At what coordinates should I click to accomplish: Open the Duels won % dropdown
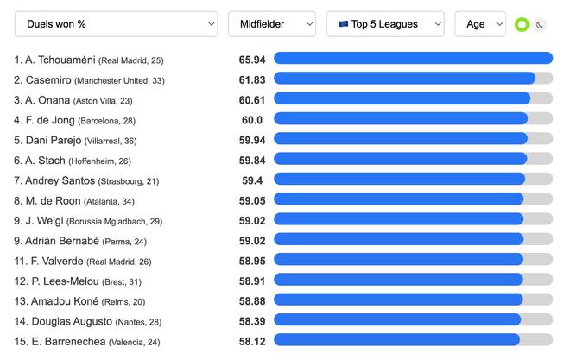[116, 24]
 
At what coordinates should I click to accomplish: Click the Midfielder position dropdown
[272, 24]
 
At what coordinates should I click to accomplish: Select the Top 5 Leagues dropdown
[385, 24]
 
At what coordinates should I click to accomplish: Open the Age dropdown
[479, 24]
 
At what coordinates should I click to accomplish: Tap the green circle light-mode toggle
[522, 25]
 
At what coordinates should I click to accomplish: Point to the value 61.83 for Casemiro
[252, 79]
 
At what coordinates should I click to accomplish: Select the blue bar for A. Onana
[402, 99]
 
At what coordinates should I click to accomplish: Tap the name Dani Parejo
[47, 140]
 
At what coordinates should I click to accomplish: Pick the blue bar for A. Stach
[400, 160]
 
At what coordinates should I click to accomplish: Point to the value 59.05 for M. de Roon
[252, 200]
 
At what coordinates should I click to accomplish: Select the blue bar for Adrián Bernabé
[398, 240]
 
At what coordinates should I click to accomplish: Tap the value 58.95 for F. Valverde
[252, 261]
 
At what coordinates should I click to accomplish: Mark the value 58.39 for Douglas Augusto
[252, 321]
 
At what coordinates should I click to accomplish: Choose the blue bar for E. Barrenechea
[396, 341]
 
